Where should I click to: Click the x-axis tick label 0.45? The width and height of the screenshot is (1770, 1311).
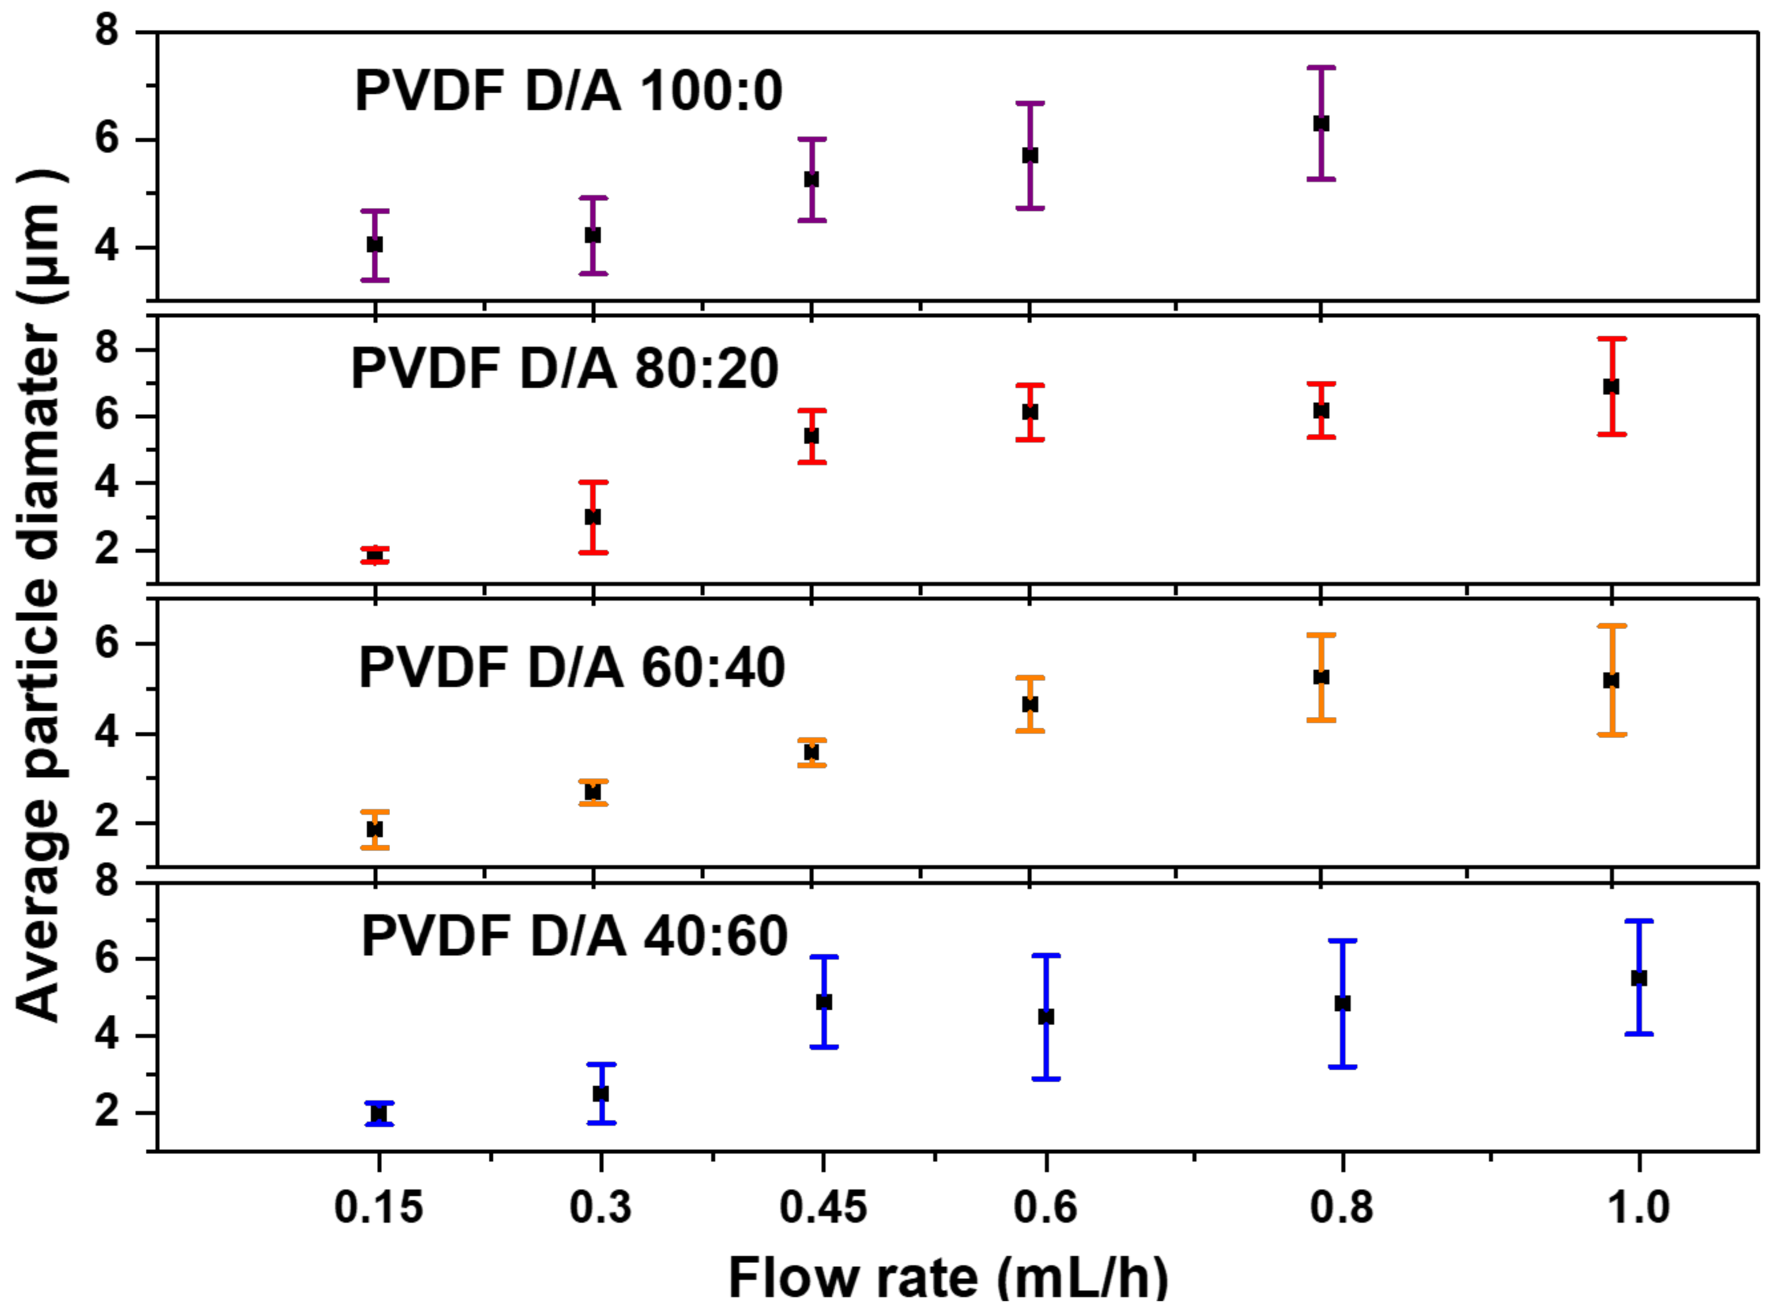tap(823, 1208)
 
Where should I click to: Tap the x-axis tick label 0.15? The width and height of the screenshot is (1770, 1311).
tap(379, 1208)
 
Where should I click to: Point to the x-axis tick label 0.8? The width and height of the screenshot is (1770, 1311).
tap(1342, 1208)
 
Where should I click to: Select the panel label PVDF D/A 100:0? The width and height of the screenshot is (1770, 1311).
tap(569, 92)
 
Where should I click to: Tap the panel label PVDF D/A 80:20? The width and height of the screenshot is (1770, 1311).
tap(565, 370)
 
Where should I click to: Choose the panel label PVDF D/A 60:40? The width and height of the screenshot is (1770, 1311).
tap(571, 667)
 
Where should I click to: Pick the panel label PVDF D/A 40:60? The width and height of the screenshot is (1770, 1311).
tap(574, 936)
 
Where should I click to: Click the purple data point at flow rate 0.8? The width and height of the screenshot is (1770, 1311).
tap(1321, 124)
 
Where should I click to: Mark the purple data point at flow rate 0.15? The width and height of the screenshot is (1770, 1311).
tap(375, 245)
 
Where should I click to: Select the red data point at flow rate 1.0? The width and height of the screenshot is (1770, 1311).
tap(1611, 387)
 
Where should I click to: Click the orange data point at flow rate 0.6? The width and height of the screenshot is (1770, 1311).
tap(1030, 704)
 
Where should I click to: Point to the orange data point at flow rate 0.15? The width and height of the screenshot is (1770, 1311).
tap(375, 830)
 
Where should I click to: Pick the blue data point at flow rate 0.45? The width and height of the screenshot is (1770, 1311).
tap(824, 1002)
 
